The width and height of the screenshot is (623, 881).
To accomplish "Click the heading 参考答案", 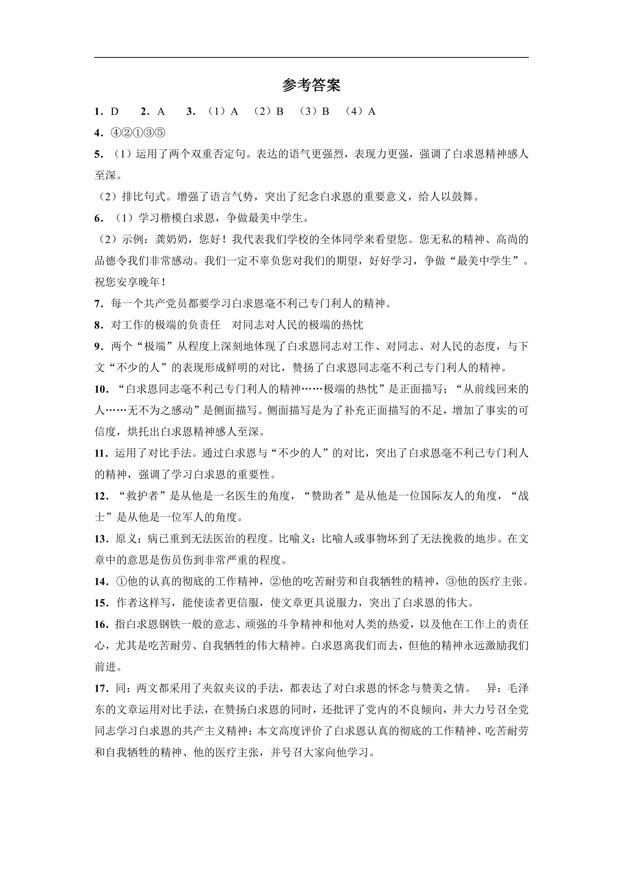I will (x=311, y=85).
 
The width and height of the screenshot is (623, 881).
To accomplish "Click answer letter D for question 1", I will (x=115, y=112).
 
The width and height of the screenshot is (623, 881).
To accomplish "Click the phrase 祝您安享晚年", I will (x=128, y=282).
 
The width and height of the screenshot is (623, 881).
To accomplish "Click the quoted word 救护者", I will (x=142, y=496).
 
